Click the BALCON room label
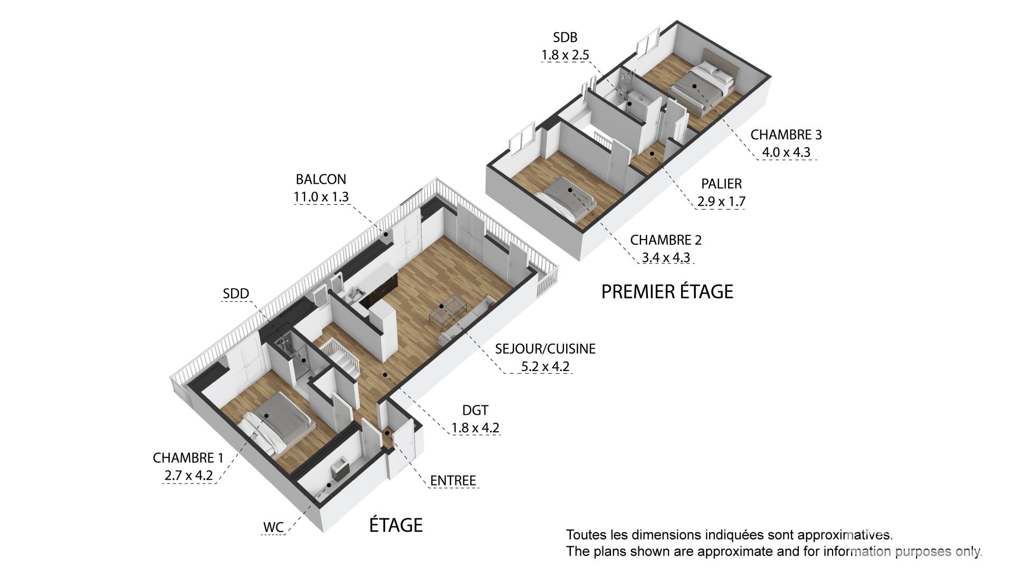coord(321,179)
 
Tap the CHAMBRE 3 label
coord(786,135)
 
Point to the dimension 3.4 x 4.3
coord(665,258)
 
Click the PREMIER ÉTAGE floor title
coord(667,291)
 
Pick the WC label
coord(273,527)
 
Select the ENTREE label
coord(453,480)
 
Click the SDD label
coord(236,294)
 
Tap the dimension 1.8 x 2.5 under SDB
coord(565,55)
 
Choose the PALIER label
coord(721,184)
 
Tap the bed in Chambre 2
coord(567,198)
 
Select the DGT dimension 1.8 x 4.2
coord(475,427)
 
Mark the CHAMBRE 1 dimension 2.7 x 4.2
coord(188,475)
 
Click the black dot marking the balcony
coord(386,234)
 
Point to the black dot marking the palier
coord(653,154)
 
